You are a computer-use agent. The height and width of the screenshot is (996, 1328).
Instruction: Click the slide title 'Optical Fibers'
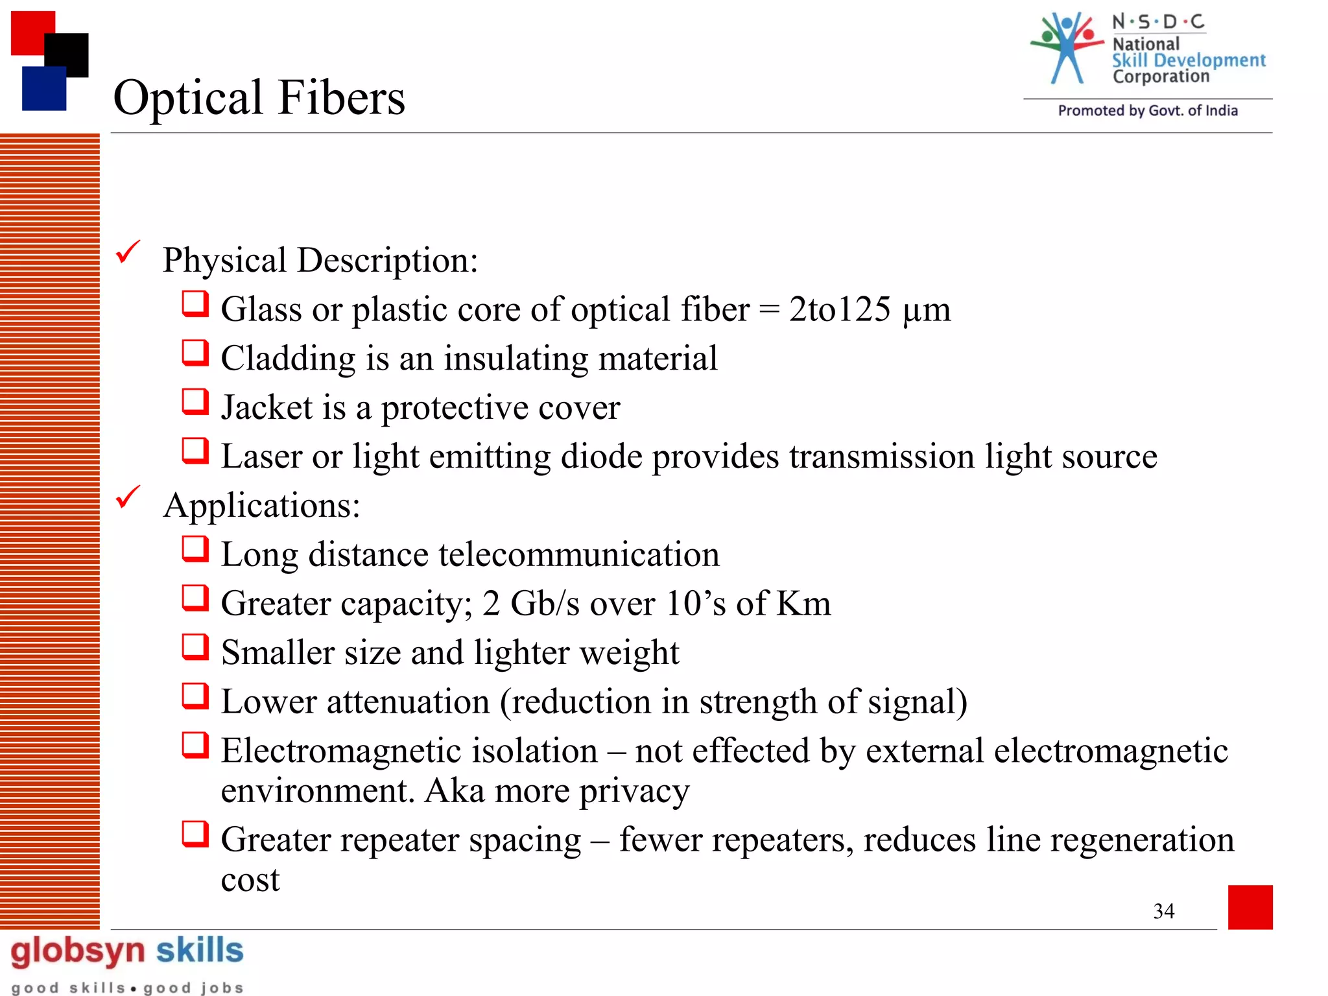click(x=259, y=97)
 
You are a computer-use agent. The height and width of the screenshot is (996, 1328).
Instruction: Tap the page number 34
click(x=1163, y=911)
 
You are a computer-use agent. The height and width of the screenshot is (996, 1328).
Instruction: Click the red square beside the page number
click(x=1250, y=907)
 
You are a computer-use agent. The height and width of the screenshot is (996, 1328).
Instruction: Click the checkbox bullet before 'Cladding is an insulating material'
click(x=195, y=353)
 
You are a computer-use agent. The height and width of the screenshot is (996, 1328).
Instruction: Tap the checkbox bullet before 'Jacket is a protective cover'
click(x=195, y=402)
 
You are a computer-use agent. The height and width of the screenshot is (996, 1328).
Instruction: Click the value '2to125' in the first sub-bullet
click(x=839, y=309)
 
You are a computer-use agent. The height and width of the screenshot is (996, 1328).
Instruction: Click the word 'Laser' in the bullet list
click(x=261, y=456)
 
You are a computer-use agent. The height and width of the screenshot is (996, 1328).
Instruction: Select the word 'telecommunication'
click(x=578, y=554)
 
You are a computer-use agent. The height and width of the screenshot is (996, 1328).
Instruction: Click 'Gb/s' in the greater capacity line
click(x=545, y=604)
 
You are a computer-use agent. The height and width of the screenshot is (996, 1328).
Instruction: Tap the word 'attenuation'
click(x=408, y=702)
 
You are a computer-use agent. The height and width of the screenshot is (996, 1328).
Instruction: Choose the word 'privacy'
click(x=634, y=791)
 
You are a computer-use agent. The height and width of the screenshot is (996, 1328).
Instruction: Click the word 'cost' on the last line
click(x=250, y=880)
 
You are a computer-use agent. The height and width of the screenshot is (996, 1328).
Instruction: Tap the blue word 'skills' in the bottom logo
click(x=200, y=951)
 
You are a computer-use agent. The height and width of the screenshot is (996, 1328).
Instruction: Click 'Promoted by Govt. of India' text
click(x=1147, y=111)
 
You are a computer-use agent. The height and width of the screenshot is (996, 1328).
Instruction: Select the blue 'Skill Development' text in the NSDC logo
click(x=1189, y=60)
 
